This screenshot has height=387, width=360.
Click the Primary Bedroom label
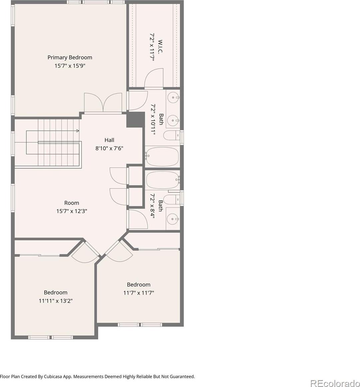pyautogui.click(x=70, y=58)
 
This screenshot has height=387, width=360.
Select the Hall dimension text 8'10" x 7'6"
pyautogui.click(x=109, y=148)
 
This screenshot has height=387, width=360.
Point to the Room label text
pyautogui.click(x=72, y=203)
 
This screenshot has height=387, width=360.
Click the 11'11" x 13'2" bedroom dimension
pyautogui.click(x=56, y=301)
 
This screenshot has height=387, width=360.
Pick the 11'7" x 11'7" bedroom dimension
pyautogui.click(x=139, y=293)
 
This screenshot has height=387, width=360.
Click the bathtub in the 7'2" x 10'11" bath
pyautogui.click(x=162, y=156)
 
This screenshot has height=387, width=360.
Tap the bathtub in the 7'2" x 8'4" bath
pyautogui.click(x=163, y=180)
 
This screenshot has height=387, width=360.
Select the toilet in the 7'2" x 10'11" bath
pyautogui.click(x=172, y=135)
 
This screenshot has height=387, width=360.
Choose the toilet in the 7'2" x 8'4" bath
pyautogui.click(x=172, y=199)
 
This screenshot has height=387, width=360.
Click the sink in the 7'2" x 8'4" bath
pyautogui.click(x=173, y=219)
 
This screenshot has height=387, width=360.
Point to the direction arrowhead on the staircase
pyautogui.click(x=78, y=131)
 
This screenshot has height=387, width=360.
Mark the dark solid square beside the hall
pyautogui.click(x=135, y=120)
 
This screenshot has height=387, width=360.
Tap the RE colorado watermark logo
pyautogui.click(x=335, y=383)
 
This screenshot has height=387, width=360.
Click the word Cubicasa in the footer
pyautogui.click(x=53, y=377)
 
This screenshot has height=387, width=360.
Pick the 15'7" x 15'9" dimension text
pyautogui.click(x=70, y=66)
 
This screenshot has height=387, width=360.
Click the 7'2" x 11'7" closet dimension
pyautogui.click(x=152, y=47)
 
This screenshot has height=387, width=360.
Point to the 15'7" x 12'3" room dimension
pyautogui.click(x=72, y=211)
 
